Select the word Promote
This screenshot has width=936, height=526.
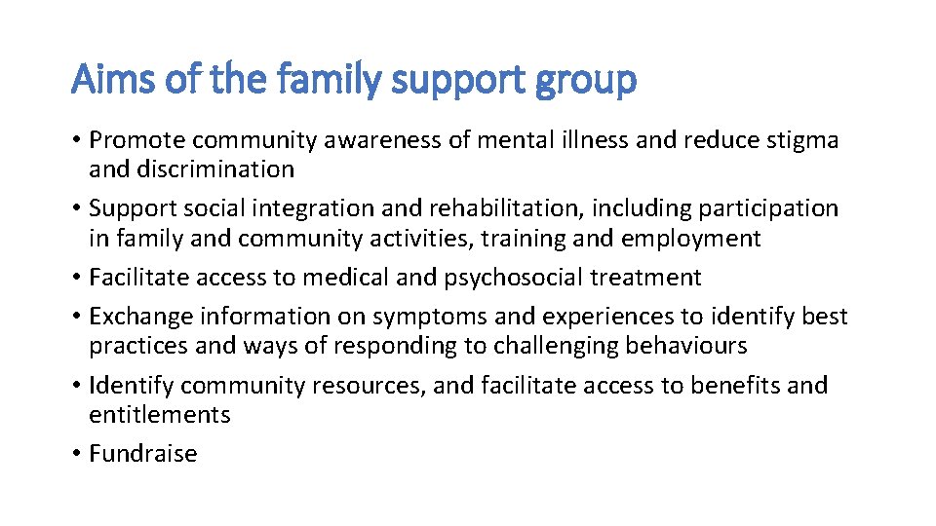coord(140,140)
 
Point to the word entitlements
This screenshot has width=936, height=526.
coord(160,415)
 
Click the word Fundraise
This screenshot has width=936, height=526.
coord(143,454)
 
